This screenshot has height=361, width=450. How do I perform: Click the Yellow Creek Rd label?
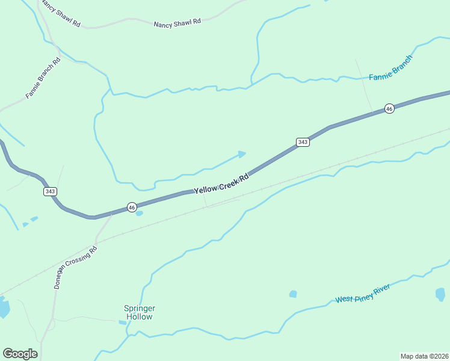(x=221, y=185)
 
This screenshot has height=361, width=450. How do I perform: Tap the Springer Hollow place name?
(x=139, y=312)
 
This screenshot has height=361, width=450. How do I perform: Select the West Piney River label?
(x=363, y=294)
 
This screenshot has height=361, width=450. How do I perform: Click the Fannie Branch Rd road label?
(x=43, y=78)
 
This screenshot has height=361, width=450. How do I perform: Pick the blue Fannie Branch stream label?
(x=390, y=68)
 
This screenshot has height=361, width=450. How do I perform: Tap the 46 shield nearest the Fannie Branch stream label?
(x=389, y=109)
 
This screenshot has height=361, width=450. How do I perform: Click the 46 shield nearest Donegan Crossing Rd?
(x=132, y=207)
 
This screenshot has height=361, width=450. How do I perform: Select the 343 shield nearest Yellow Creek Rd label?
(x=303, y=142)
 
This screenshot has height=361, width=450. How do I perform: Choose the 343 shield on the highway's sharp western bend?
(x=50, y=191)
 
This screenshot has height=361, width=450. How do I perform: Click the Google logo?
(x=20, y=354)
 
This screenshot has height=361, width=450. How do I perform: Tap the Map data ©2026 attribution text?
(x=424, y=356)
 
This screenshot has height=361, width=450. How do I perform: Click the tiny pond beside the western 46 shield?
(x=140, y=213)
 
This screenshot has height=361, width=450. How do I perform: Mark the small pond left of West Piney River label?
(x=293, y=294)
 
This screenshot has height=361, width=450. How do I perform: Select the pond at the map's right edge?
(x=440, y=294)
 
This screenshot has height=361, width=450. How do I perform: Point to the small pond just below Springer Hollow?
(x=123, y=322)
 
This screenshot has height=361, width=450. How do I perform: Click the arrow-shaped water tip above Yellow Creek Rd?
(x=242, y=154)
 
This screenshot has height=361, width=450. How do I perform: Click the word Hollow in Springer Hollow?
(x=139, y=316)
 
